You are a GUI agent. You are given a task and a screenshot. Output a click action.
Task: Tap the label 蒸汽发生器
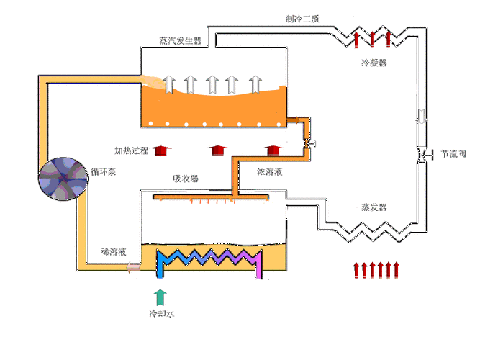(181, 40)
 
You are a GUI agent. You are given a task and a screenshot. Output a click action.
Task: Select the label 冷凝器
(373, 63)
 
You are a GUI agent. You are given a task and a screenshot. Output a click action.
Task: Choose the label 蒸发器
(373, 207)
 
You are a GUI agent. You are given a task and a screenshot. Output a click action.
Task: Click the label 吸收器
(186, 179)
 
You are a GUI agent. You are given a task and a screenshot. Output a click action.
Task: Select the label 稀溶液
(114, 252)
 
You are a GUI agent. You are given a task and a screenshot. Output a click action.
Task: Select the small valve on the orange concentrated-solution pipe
(308, 144)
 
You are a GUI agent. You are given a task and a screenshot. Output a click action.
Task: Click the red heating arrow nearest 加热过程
(163, 149)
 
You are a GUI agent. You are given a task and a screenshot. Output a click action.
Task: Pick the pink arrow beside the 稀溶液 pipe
(133, 269)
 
